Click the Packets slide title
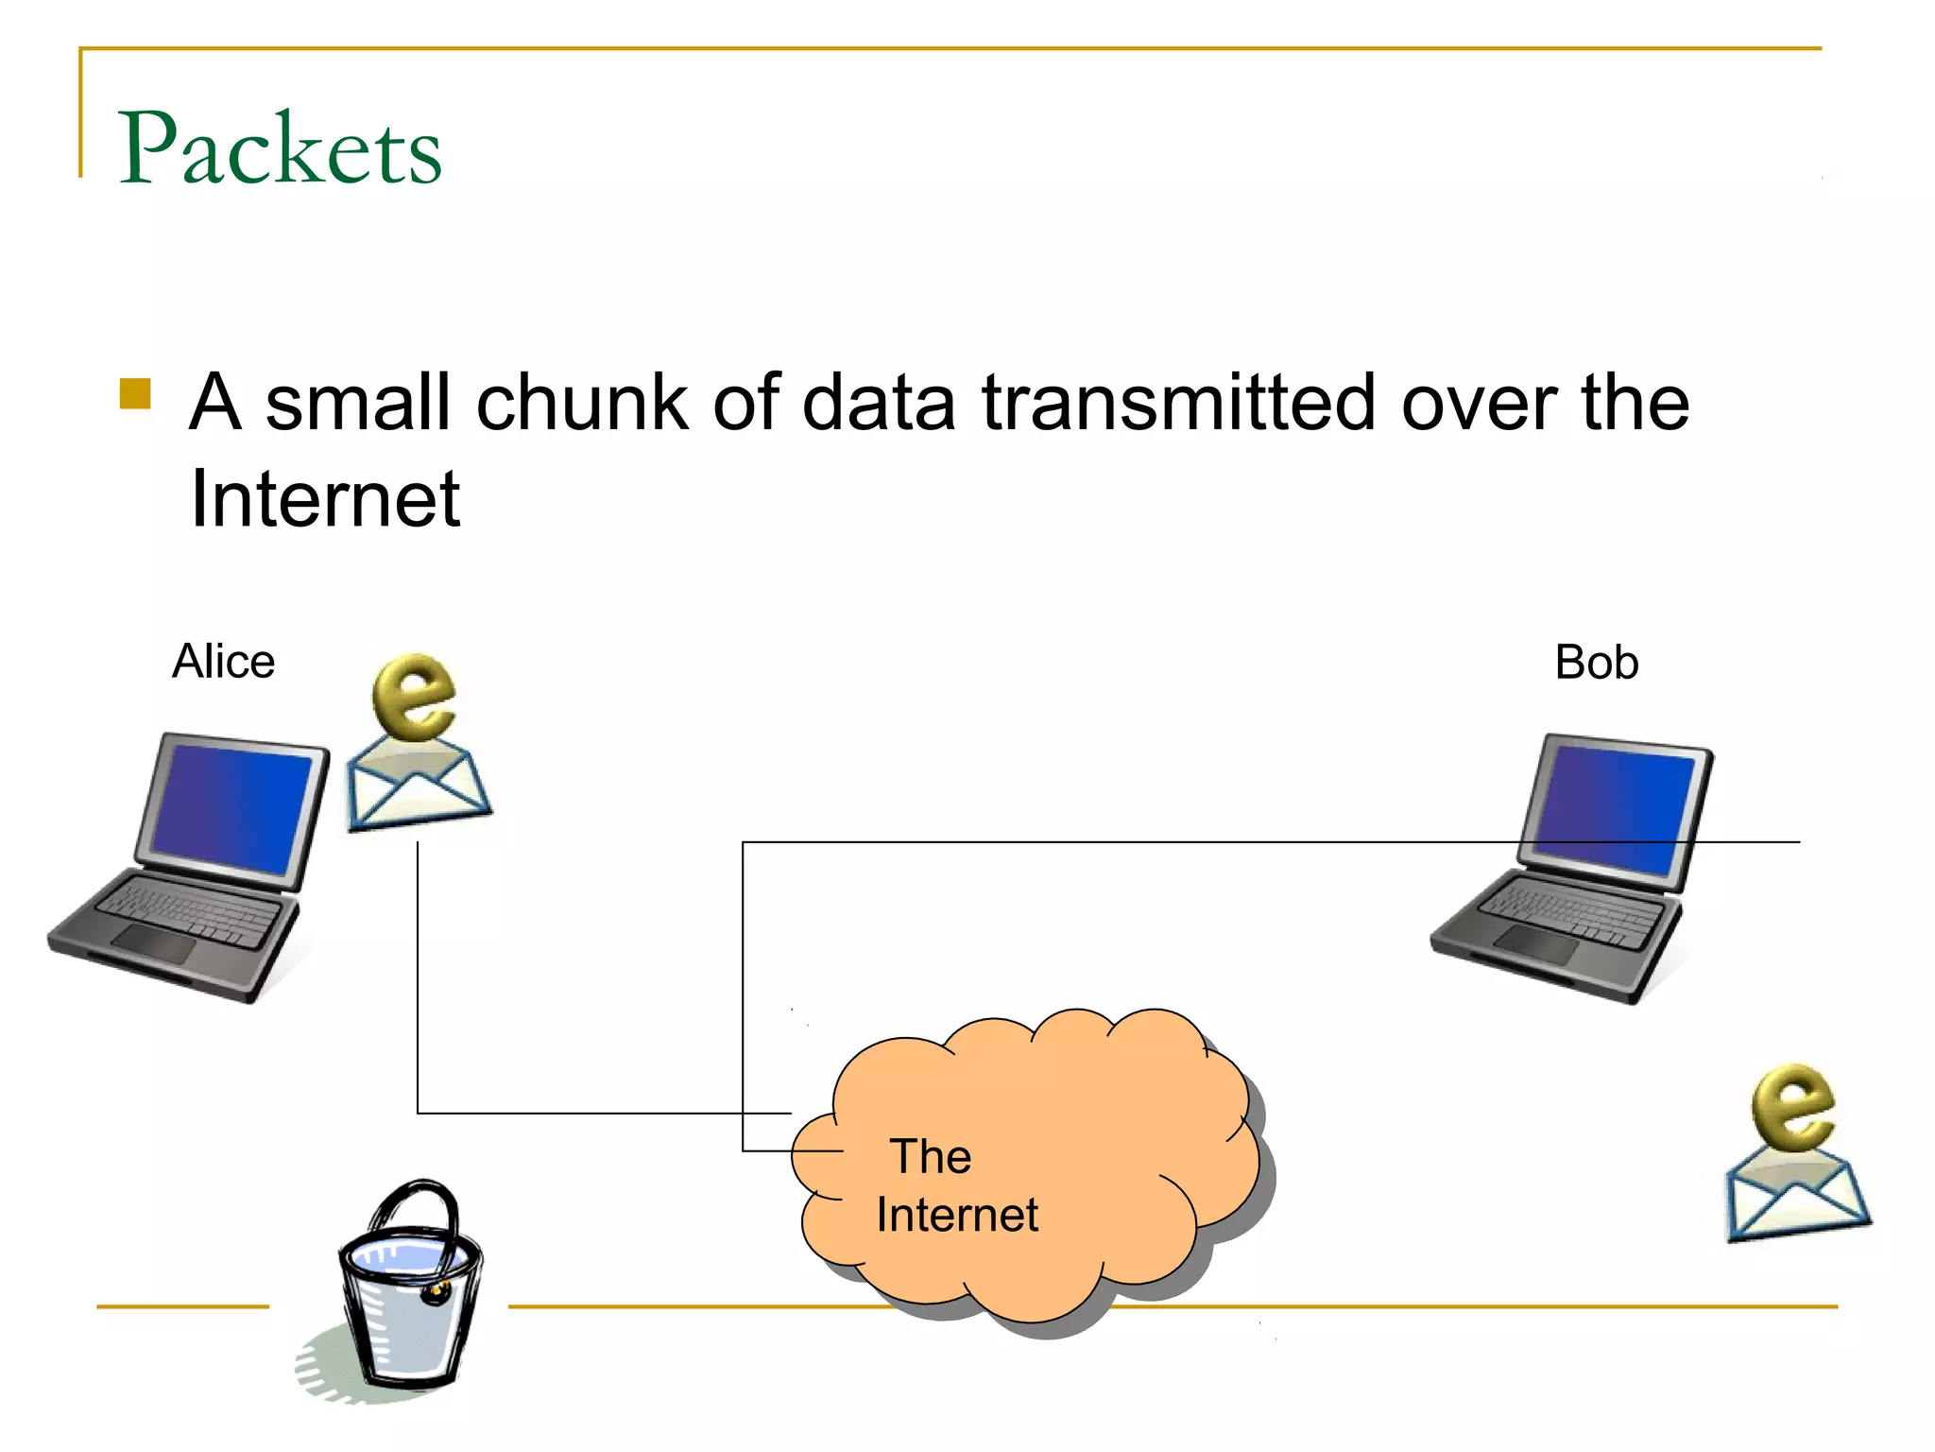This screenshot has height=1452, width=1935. (280, 148)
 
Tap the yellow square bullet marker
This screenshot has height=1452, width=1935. (136, 393)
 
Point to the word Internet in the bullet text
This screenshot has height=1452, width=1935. (324, 499)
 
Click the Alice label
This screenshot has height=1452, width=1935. (223, 662)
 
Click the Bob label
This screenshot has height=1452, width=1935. (1596, 663)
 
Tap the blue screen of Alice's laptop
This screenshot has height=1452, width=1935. (231, 808)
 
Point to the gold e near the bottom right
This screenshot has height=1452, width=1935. (1791, 1107)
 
